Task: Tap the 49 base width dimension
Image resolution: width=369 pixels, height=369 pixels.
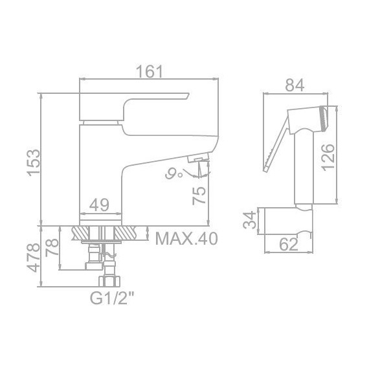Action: [x=99, y=205]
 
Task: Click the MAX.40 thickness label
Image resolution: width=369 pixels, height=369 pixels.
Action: [x=186, y=238]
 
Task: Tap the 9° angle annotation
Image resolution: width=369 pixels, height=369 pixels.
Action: [x=173, y=173]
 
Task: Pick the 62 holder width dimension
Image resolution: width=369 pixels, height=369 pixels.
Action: [x=289, y=245]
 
